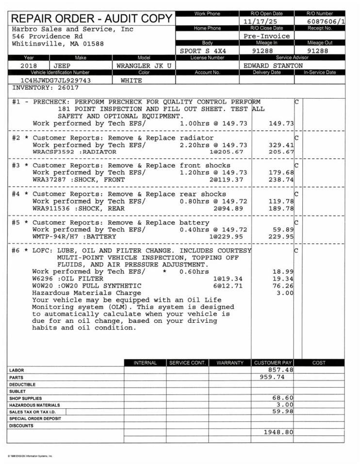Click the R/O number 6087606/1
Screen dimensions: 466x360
(327, 22)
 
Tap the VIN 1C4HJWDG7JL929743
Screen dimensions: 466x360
(55, 81)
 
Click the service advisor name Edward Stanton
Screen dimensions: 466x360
(273, 66)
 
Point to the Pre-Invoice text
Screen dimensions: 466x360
(266, 36)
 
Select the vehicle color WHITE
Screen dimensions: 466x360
(131, 81)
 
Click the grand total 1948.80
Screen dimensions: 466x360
(278, 432)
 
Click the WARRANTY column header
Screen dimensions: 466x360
(230, 363)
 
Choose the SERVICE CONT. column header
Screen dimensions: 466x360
(187, 363)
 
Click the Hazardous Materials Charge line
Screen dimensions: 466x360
(86, 293)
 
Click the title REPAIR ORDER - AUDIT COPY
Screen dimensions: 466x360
(91, 19)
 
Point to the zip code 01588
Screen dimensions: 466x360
(94, 44)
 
